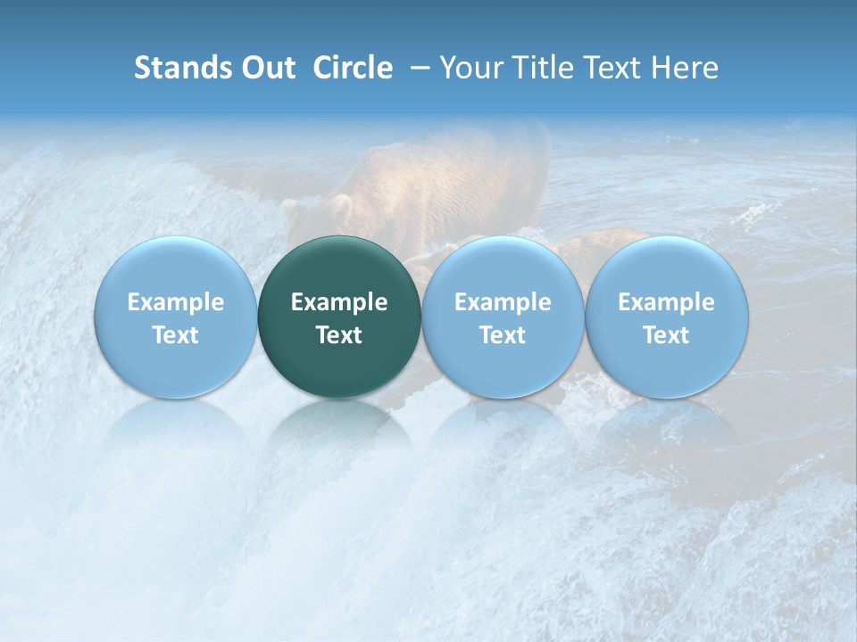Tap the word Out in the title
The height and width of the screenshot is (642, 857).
click(265, 68)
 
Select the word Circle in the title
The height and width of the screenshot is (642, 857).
click(353, 68)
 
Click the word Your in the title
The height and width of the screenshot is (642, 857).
click(467, 68)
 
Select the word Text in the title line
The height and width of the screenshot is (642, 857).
click(612, 68)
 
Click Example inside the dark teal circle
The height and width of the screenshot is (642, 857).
click(339, 302)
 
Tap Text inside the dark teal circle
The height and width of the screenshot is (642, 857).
click(339, 335)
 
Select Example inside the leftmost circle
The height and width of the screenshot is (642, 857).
click(175, 302)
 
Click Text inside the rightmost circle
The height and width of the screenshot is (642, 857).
click(666, 335)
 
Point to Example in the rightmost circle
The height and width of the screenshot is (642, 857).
click(666, 302)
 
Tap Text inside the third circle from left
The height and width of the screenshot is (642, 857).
click(503, 335)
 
